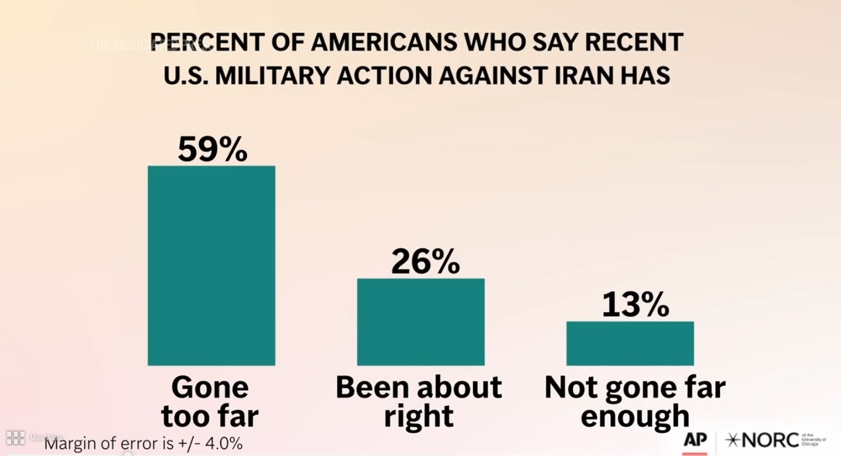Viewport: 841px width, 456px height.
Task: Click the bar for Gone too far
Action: (211, 266)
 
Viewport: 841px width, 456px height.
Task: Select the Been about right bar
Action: (420, 322)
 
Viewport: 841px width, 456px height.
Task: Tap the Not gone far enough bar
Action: (630, 344)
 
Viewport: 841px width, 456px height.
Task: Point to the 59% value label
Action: (213, 149)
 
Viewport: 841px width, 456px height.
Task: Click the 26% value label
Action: (426, 262)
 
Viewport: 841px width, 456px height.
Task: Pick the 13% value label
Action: (635, 305)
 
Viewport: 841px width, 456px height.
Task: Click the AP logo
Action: (695, 440)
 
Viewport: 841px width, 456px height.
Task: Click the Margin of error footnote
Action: (143, 444)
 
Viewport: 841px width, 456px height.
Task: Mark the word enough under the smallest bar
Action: (635, 416)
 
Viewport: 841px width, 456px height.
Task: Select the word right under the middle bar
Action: (419, 416)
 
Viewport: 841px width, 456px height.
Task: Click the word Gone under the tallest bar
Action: (210, 387)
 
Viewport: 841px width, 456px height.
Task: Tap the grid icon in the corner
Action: (15, 437)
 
